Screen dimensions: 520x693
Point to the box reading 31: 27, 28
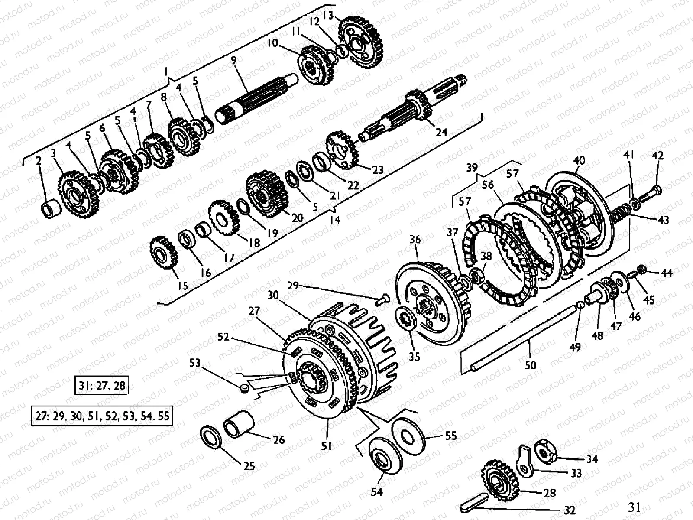click(102, 385)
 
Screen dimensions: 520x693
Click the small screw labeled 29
click(382, 299)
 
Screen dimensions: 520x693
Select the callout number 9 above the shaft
click(234, 61)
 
